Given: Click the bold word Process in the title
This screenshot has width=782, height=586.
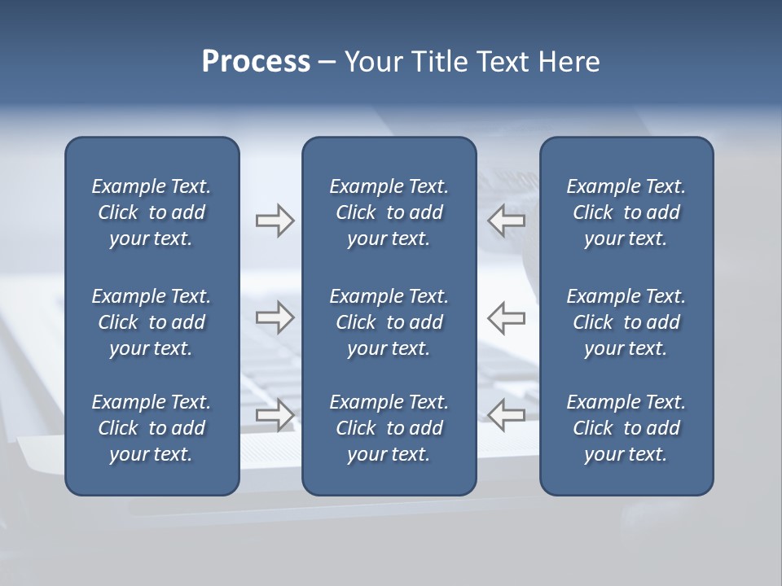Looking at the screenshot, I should pos(256,62).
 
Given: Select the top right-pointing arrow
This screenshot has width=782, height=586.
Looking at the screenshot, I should pos(275,221).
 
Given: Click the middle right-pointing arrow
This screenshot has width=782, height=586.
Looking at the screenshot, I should pos(275,317).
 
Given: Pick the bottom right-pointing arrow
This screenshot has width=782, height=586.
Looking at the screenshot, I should pos(275,414).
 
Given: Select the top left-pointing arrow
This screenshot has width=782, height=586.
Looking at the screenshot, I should pos(507,221).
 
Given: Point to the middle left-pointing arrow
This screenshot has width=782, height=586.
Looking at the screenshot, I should pos(507,317).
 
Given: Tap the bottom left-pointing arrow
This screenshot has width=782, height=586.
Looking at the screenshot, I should pos(507,414).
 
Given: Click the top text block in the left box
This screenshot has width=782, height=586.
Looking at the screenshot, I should pos(152,212).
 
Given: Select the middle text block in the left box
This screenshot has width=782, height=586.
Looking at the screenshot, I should pos(152,322).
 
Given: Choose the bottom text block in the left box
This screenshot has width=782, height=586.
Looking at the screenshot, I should pos(152,428).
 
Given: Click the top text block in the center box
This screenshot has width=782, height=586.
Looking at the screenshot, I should pos(389,212).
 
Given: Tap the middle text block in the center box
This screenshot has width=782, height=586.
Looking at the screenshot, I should pos(389,322).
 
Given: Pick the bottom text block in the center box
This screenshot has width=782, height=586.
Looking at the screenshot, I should pos(389,428).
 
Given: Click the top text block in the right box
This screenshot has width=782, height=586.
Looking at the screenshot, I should pos(626,212).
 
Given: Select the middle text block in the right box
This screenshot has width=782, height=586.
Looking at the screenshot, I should pos(626,322).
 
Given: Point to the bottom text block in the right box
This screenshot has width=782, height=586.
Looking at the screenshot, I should pos(626,428).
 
